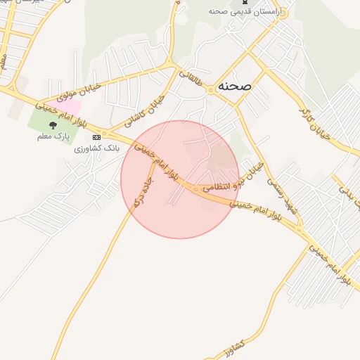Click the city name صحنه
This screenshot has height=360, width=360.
pos(233,85)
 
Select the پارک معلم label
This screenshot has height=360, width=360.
pos(53,136)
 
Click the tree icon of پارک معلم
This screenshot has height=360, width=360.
pos(53,125)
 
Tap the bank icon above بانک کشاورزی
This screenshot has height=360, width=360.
pos(96,137)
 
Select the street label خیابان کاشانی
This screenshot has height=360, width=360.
pos(144,110)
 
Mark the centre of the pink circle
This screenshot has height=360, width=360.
pos(180,179)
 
